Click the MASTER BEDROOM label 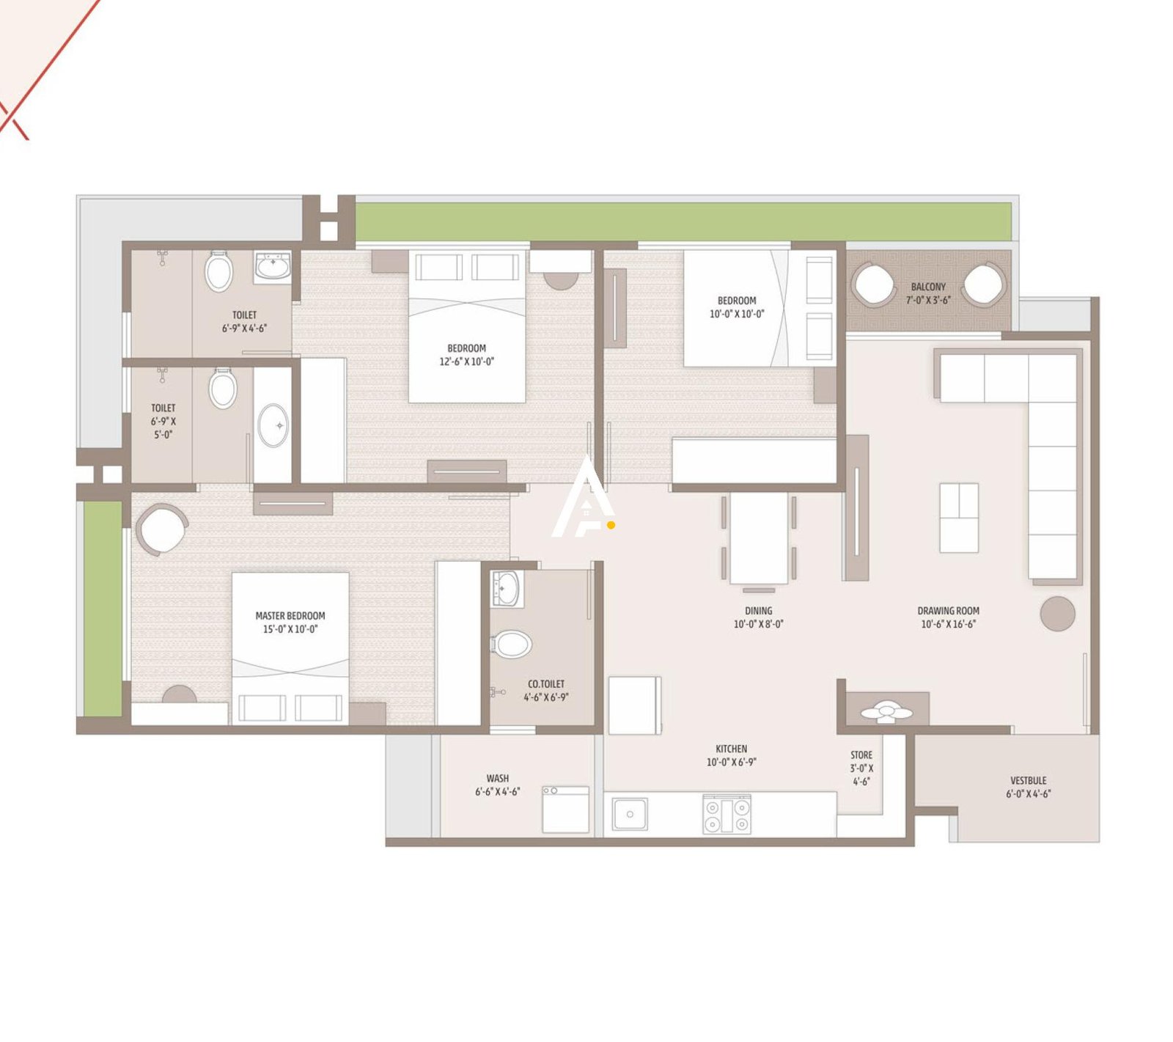(x=290, y=616)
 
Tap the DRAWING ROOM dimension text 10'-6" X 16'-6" (x=948, y=624)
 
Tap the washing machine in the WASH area (x=565, y=810)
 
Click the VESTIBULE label (x=1028, y=780)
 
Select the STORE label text (x=861, y=755)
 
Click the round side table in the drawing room (x=1057, y=614)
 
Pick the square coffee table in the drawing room (x=959, y=518)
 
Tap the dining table (x=759, y=537)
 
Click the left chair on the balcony (x=873, y=285)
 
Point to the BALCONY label (x=928, y=287)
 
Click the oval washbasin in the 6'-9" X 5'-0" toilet (x=273, y=425)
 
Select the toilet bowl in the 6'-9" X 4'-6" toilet (x=218, y=271)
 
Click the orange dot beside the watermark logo (x=611, y=525)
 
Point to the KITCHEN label (x=731, y=749)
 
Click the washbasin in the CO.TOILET (x=505, y=589)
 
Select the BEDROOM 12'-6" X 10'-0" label (x=466, y=348)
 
